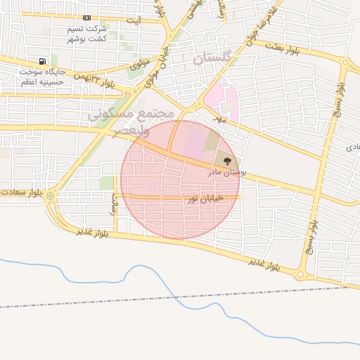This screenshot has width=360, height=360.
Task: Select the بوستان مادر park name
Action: (226, 172)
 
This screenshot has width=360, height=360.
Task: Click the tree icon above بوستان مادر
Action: (226, 161)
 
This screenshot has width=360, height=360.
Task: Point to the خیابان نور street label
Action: (205, 199)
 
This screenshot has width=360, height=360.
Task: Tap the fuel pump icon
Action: (43, 61)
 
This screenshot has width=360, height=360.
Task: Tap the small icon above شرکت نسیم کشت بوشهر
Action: (86, 18)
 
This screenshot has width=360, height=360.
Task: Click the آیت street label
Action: (134, 20)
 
